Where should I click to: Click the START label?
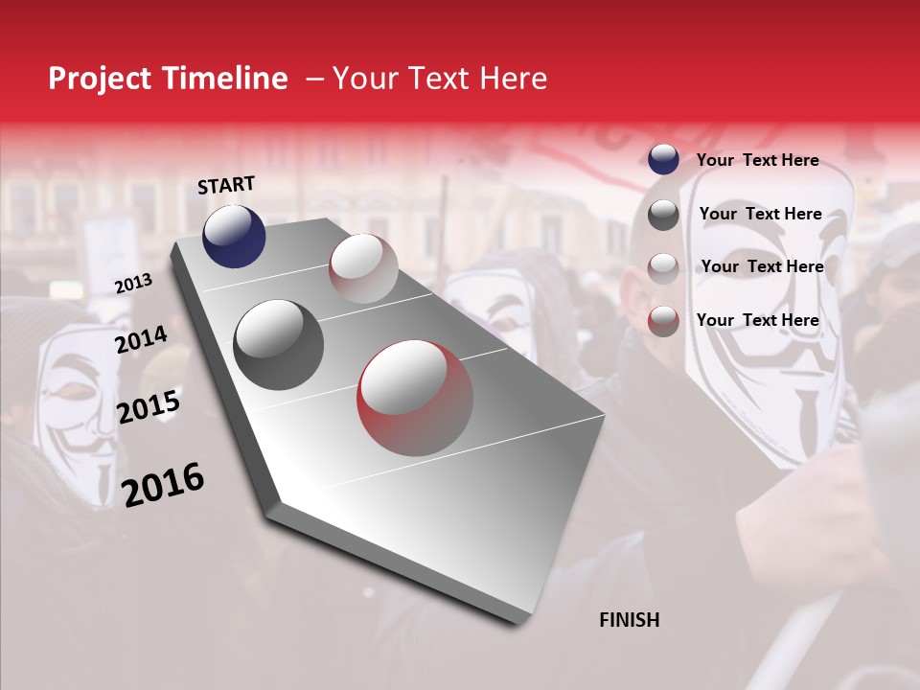[x=226, y=185]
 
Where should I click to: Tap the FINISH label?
[x=629, y=620]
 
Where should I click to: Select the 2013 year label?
[x=133, y=284]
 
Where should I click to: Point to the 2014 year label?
[x=141, y=339]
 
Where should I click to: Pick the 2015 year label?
[x=148, y=407]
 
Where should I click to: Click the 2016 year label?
[x=163, y=484]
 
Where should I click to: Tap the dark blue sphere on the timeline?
[x=234, y=237]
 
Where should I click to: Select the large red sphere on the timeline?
[x=415, y=398]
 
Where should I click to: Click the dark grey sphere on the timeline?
[x=278, y=345]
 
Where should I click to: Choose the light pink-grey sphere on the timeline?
[x=363, y=268]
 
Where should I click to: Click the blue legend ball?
[x=663, y=160]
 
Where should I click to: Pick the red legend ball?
[x=663, y=321]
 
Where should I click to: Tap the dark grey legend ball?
[x=663, y=215]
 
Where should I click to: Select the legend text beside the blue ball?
[x=757, y=160]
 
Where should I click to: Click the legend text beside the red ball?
[x=757, y=320]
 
